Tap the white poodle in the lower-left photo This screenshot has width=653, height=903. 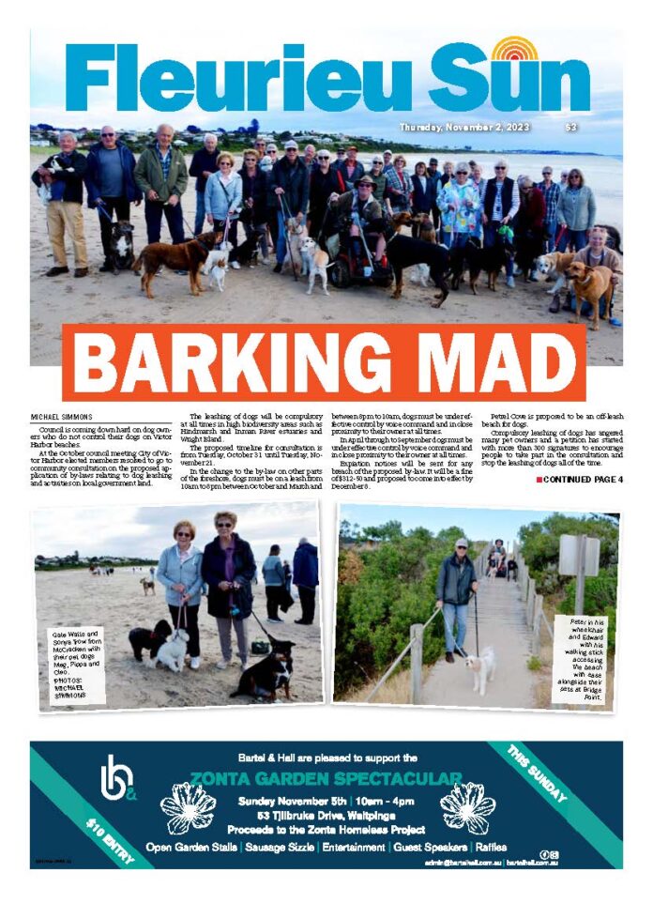click(x=172, y=648)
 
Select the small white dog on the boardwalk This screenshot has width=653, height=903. click(x=483, y=668)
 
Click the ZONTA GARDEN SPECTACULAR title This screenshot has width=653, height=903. click(x=326, y=777)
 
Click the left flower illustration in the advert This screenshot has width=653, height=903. click(x=189, y=807)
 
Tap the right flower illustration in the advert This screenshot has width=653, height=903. click(x=466, y=807)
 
